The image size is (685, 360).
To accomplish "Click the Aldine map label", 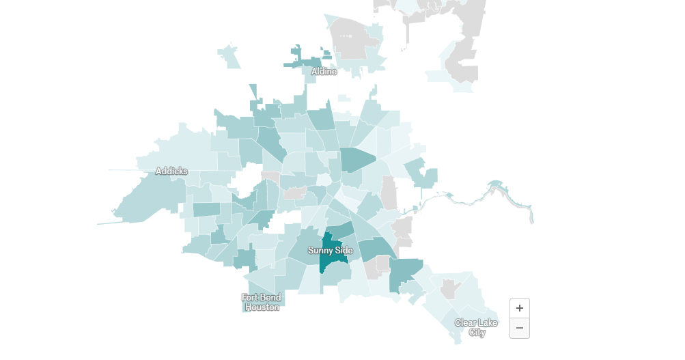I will pyautogui.click(x=324, y=71).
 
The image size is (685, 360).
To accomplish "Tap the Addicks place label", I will pyautogui.click(x=171, y=171).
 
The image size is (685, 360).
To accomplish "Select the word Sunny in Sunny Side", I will pyautogui.click(x=320, y=251).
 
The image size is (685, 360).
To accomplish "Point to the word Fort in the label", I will pyautogui.click(x=251, y=297).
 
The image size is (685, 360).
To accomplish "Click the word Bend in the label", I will pyautogui.click(x=271, y=297).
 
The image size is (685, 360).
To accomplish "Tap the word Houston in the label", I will pyautogui.click(x=262, y=307).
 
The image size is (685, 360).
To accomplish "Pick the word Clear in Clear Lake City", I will pyautogui.click(x=466, y=322).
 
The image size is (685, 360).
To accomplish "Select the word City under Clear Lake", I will pyautogui.click(x=477, y=333).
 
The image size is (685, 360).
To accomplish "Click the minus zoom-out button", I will pyautogui.click(x=519, y=328).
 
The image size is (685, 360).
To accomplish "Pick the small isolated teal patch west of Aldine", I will pyautogui.click(x=229, y=57).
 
